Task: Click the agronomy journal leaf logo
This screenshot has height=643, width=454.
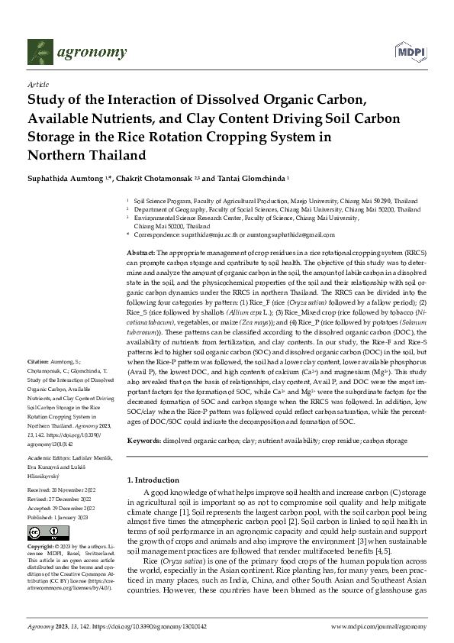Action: coord(40,52)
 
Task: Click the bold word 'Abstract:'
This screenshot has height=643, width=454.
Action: coord(141,251)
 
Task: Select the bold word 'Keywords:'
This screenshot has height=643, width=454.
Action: coord(143,441)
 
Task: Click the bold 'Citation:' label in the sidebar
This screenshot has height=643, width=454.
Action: coord(39,360)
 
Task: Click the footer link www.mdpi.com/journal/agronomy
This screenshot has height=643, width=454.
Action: coord(378,625)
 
